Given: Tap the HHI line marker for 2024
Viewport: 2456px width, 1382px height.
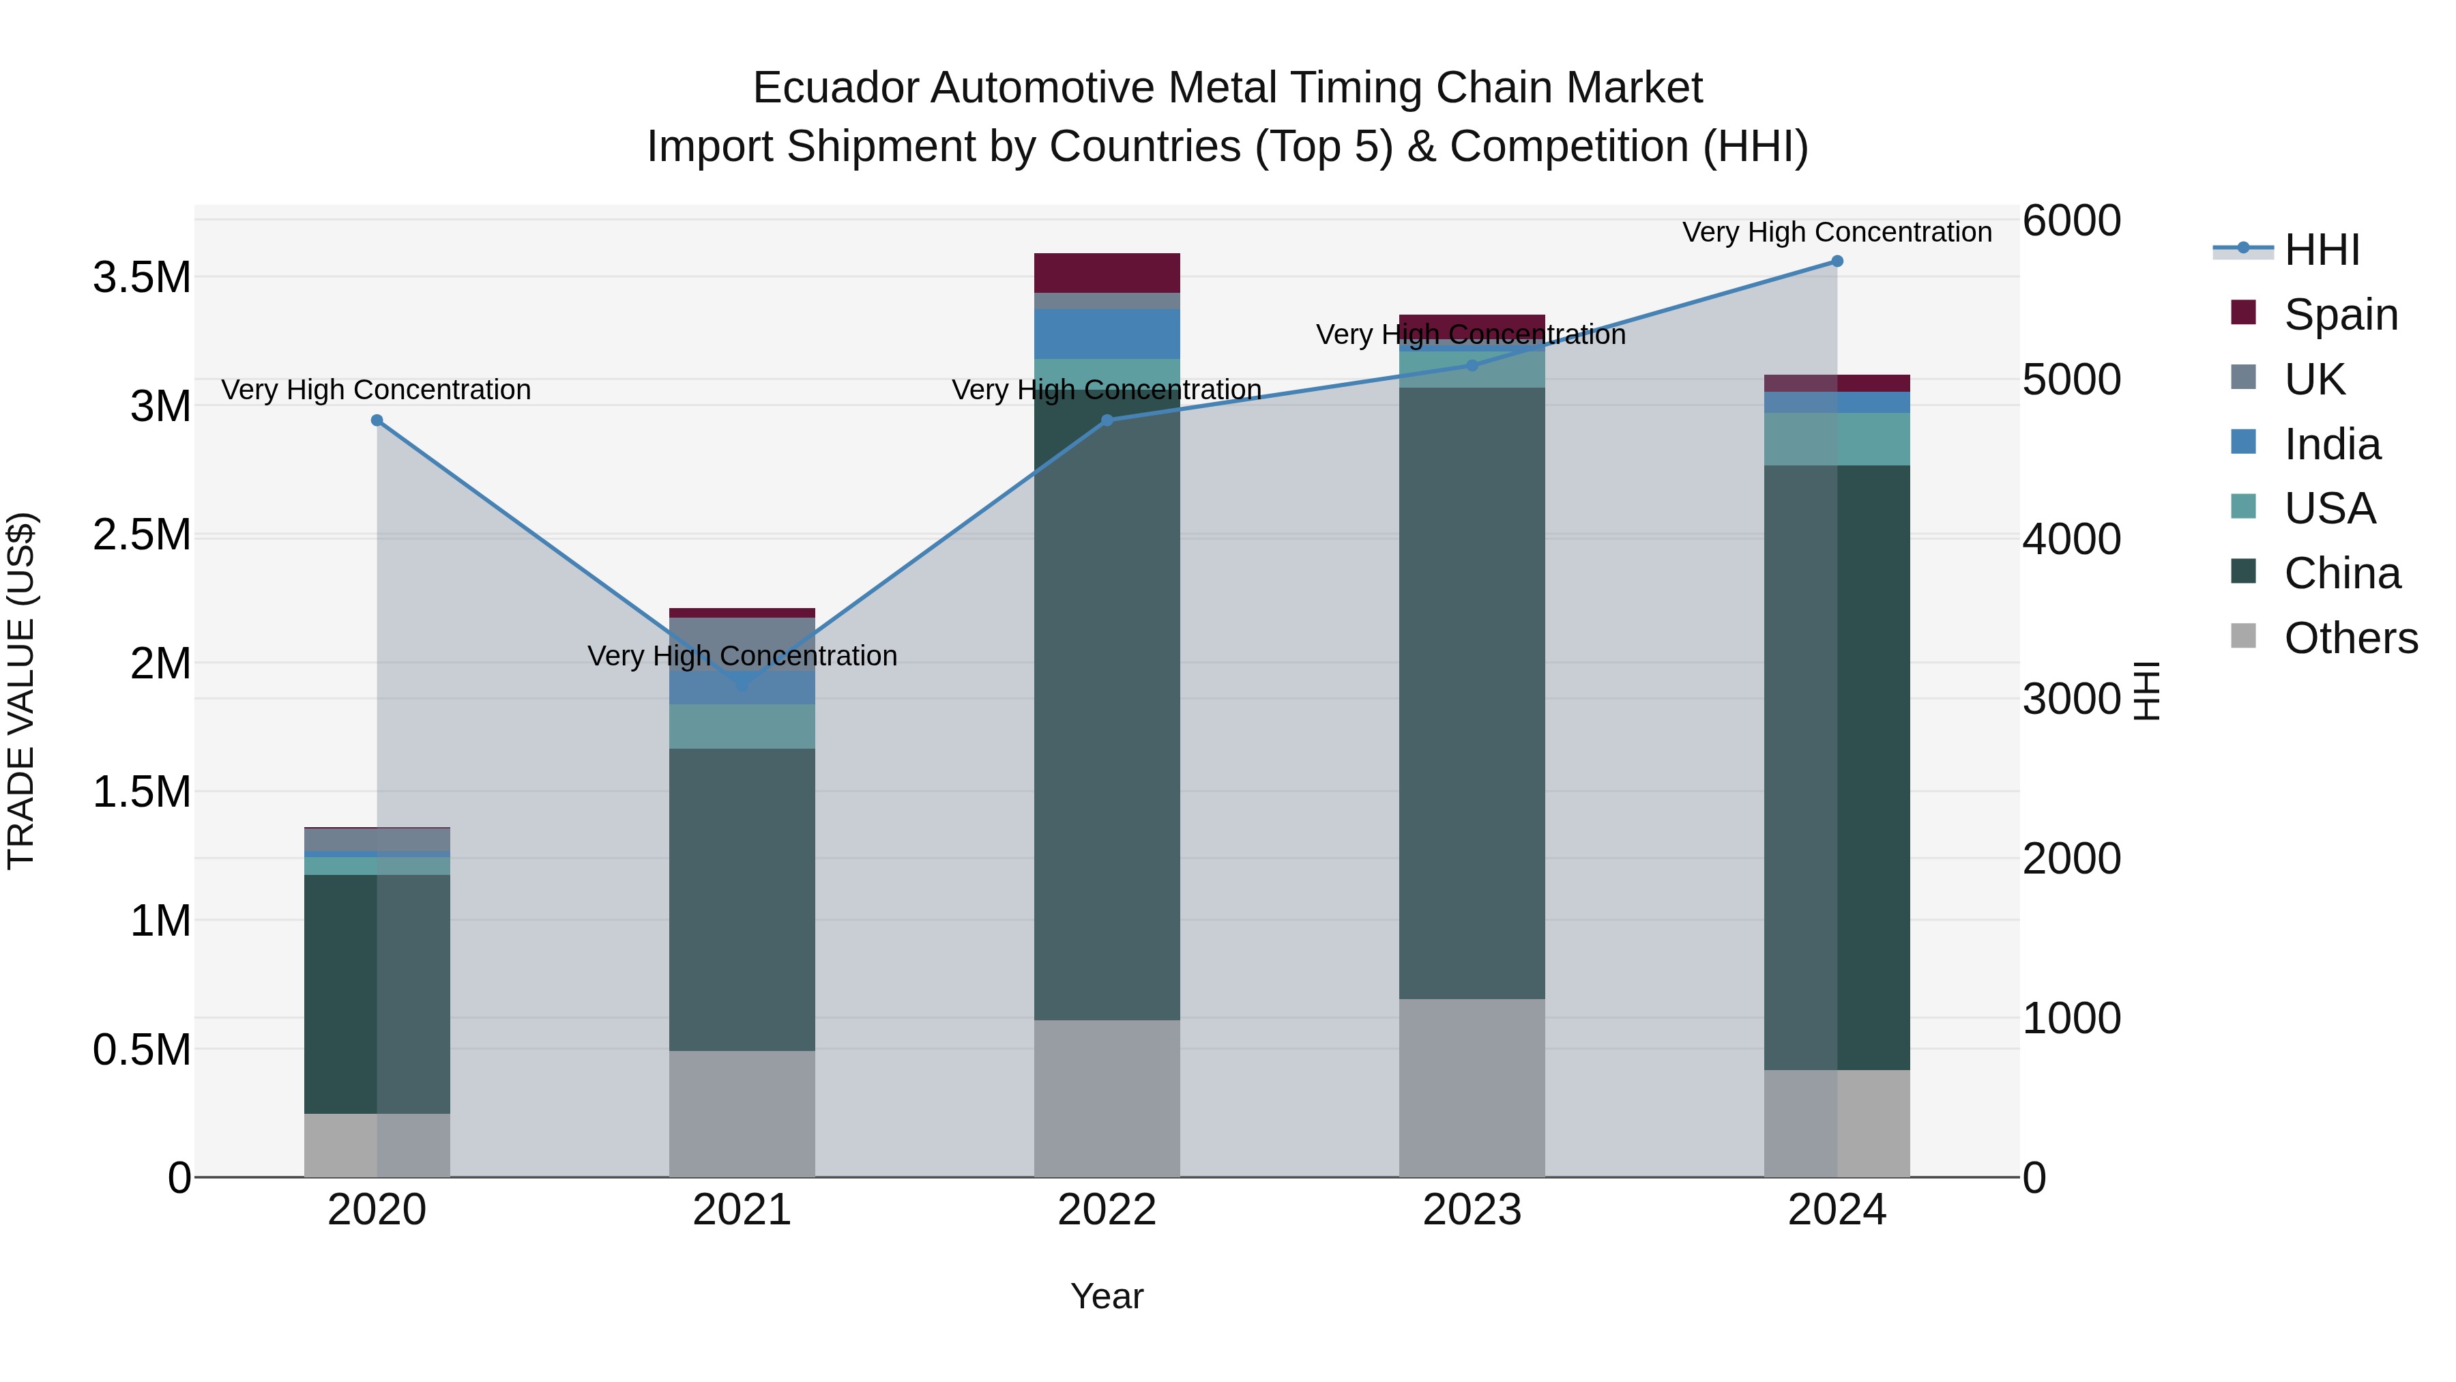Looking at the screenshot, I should click(x=1837, y=261).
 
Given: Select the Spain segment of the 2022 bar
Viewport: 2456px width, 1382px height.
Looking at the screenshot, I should click(x=1107, y=273).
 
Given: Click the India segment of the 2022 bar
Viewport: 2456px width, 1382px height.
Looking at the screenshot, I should click(x=1107, y=334).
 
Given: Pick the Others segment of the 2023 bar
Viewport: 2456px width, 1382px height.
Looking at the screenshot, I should click(x=1471, y=1087).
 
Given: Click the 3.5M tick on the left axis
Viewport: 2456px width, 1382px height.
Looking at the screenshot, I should click(x=141, y=278).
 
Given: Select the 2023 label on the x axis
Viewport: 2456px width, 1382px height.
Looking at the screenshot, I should click(x=1471, y=1210).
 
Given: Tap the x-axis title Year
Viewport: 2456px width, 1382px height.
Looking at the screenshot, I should click(x=1106, y=1296).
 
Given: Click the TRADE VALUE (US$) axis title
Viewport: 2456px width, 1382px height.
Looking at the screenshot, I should click(x=21, y=691).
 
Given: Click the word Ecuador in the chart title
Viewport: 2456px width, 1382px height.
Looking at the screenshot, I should click(x=835, y=88).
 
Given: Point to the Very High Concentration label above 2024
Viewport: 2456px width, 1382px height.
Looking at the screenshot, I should click(x=1837, y=232).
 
